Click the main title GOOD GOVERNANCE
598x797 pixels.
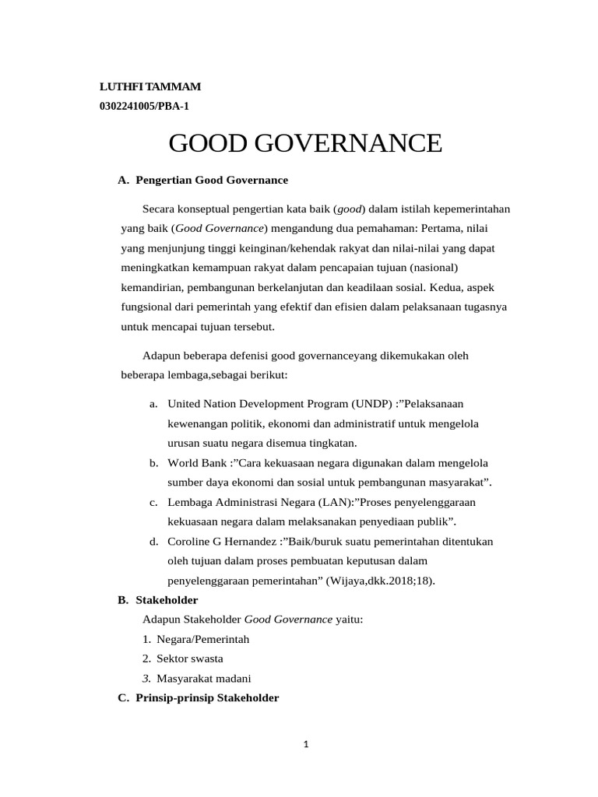click(x=305, y=143)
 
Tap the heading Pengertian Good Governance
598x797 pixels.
click(x=211, y=180)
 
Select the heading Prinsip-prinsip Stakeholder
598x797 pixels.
click(x=206, y=698)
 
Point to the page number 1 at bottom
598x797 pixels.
click(x=306, y=744)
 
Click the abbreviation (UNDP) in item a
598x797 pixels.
click(x=374, y=403)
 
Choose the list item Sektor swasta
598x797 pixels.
click(x=190, y=658)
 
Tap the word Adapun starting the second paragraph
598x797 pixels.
click(x=162, y=355)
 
